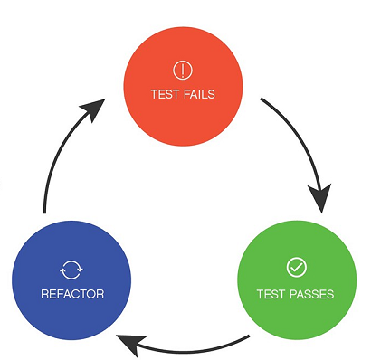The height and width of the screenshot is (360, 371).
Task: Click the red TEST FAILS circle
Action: point(183,81)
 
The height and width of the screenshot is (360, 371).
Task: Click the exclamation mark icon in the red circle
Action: point(183,69)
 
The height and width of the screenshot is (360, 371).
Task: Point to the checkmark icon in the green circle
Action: point(295,267)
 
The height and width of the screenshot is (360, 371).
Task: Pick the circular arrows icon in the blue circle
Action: point(72,268)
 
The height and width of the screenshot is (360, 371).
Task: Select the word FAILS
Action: point(198,94)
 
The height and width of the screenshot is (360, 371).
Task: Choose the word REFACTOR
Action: point(72,294)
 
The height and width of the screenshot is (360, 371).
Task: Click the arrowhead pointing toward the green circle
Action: point(319,196)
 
